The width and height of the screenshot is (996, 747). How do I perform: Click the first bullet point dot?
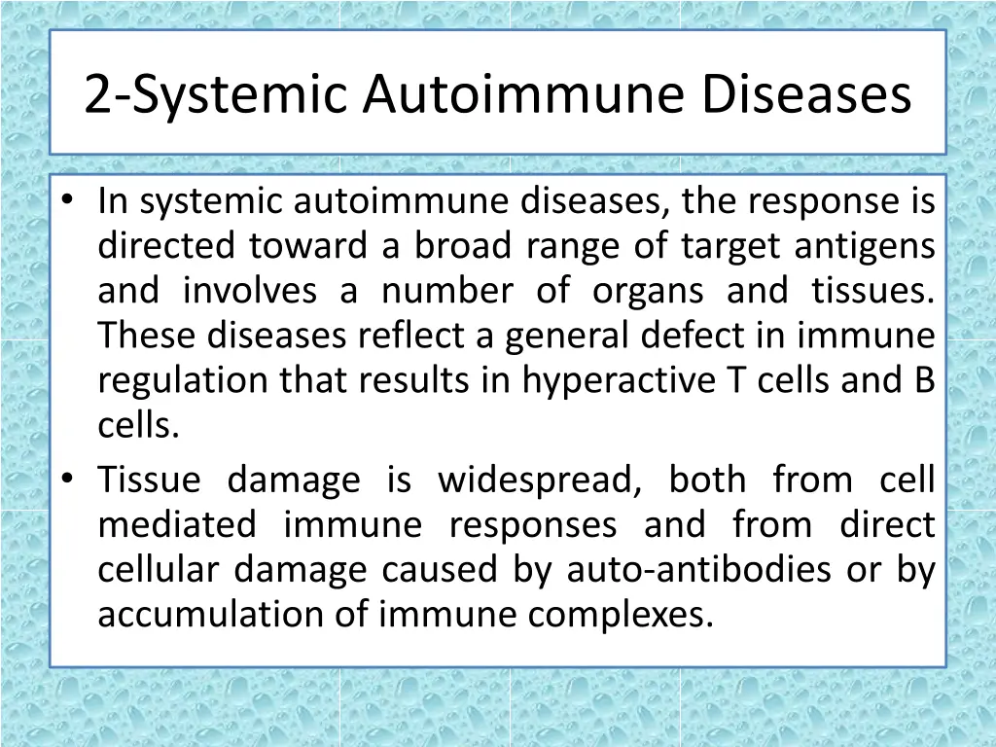(x=66, y=200)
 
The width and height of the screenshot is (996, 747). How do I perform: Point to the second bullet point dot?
(x=66, y=479)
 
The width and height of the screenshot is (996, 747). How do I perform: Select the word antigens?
(x=865, y=246)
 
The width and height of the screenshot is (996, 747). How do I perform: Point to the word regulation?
(x=184, y=380)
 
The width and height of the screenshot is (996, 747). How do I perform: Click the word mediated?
(x=176, y=524)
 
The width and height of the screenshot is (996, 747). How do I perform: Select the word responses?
(x=532, y=524)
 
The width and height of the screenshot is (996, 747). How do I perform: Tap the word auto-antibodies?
(x=699, y=569)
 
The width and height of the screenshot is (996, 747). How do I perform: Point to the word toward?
(x=308, y=246)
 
